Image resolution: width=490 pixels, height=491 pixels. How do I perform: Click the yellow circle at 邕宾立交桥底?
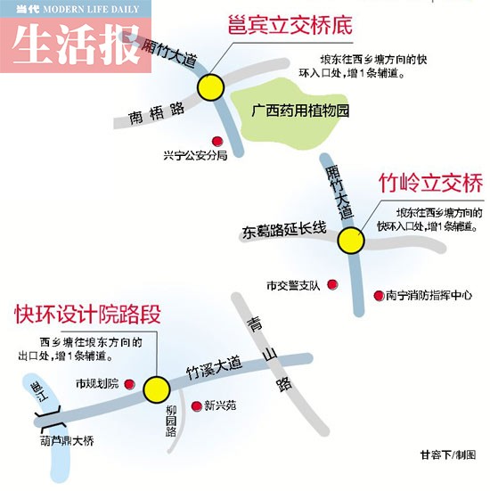point(211,87)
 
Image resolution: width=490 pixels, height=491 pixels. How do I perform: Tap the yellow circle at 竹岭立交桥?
point(351,241)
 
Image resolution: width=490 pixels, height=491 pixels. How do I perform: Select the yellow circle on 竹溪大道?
point(157,389)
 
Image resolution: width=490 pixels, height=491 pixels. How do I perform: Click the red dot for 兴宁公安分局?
point(217,141)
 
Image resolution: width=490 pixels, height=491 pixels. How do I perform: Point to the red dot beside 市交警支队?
point(332,284)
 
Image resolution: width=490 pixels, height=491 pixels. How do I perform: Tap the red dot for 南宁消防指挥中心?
point(379,295)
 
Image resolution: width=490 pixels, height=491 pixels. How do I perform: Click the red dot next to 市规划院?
point(129,384)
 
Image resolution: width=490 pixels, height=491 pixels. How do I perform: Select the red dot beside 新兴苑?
point(196,406)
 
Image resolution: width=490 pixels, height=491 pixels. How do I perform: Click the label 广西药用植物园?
point(300,110)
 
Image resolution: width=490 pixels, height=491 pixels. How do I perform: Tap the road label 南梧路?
point(157,113)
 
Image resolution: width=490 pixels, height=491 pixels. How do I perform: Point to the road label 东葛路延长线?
point(284,230)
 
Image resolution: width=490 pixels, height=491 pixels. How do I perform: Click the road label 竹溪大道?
point(214,368)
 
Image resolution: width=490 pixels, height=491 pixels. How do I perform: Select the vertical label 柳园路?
point(171,421)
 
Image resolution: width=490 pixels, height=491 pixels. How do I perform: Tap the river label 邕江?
point(40,391)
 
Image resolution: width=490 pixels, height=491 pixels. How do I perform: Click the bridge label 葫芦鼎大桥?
point(67,441)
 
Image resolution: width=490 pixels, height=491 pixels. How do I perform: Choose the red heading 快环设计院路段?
point(87,314)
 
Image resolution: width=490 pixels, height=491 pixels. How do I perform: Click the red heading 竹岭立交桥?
point(431,183)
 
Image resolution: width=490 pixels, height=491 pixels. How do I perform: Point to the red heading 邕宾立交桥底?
point(290,25)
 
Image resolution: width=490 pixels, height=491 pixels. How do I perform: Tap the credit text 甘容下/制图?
point(448,454)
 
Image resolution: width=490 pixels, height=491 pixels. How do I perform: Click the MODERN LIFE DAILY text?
point(91,9)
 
